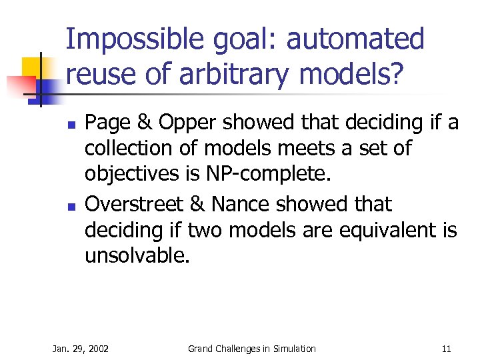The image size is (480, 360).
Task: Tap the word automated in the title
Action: pos(355,40)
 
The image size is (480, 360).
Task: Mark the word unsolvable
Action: pos(137,255)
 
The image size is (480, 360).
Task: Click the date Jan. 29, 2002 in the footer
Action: pos(81,349)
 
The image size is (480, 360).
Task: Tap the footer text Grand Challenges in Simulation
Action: pos(251,349)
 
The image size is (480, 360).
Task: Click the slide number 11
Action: pos(446,349)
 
